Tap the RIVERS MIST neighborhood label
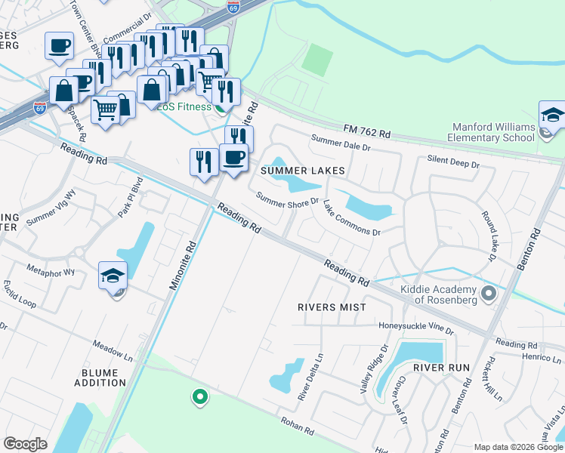pos(332,307)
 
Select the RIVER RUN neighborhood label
pos(442,368)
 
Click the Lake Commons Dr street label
pos(351,218)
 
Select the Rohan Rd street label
pos(297,426)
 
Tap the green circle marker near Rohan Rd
pos(199,395)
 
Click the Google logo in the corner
pos(25,444)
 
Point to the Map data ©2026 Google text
pos(518,447)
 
